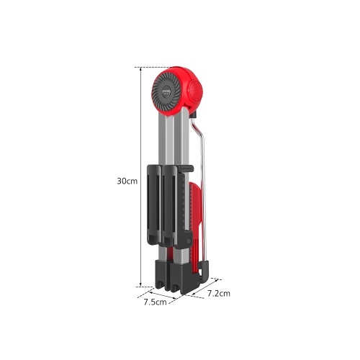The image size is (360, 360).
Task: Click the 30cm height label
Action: pos(127,181)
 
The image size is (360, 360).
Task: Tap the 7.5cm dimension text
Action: pos(155,302)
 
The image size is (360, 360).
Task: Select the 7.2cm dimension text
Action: pos(219,293)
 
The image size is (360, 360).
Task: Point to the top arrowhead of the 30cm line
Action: pos(141,69)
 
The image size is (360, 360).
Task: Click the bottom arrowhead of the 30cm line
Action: pos(141,285)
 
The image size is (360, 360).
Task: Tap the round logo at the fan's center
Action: pos(166,92)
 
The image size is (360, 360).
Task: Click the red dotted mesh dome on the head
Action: pos(196,91)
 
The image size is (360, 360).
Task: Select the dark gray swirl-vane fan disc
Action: pos(166,92)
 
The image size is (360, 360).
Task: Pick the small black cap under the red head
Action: pos(193,114)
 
